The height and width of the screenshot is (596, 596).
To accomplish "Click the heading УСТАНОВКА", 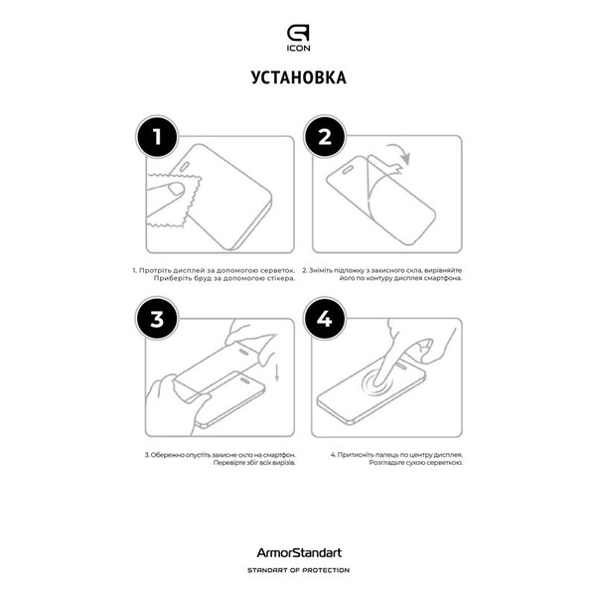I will (298, 79).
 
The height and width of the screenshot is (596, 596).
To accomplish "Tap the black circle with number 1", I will (155, 139).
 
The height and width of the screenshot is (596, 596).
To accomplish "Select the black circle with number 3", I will (155, 320).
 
